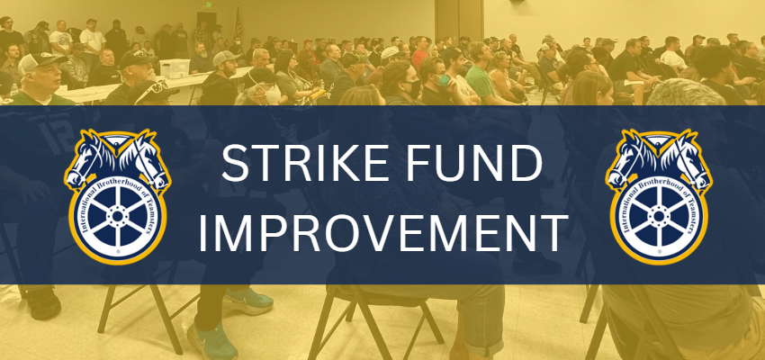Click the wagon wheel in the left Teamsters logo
pyautogui.click(x=118, y=221)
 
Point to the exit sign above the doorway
pyautogui.click(x=209, y=5)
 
